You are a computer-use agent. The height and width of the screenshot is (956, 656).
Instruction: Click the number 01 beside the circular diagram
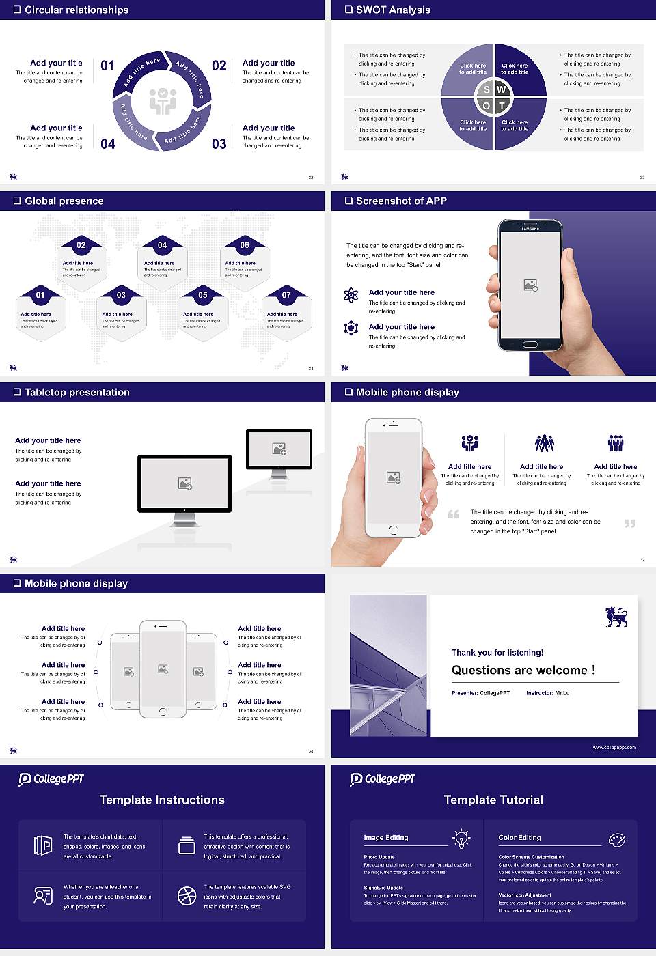tap(108, 66)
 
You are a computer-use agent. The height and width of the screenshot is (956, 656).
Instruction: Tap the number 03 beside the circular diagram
tap(219, 144)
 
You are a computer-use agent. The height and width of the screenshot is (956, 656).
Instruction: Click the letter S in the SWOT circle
tap(487, 89)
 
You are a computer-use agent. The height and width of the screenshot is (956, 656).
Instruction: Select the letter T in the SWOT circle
tap(502, 106)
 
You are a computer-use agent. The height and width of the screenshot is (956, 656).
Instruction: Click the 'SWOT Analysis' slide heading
tap(393, 10)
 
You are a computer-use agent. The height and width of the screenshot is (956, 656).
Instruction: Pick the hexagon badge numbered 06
tap(245, 245)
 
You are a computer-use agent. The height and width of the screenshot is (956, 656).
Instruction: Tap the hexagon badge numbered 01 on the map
tap(40, 295)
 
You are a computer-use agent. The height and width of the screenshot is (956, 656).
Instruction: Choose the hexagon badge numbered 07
tap(286, 295)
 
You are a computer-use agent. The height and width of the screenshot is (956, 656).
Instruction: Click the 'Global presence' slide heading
tap(64, 201)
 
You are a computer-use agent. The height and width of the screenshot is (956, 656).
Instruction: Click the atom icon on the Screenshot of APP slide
tap(351, 295)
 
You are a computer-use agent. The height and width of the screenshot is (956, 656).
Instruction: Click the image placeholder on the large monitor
tap(184, 483)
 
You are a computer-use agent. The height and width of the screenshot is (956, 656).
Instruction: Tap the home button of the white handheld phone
tap(393, 530)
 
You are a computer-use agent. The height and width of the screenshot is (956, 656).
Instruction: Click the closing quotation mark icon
tap(630, 523)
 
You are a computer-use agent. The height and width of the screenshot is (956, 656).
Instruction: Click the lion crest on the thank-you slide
tap(616, 617)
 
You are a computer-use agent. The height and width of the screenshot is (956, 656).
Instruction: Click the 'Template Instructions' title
tap(162, 800)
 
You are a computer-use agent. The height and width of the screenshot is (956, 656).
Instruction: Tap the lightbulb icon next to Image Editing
tap(461, 838)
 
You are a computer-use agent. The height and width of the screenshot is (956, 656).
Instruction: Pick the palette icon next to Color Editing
tap(616, 839)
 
